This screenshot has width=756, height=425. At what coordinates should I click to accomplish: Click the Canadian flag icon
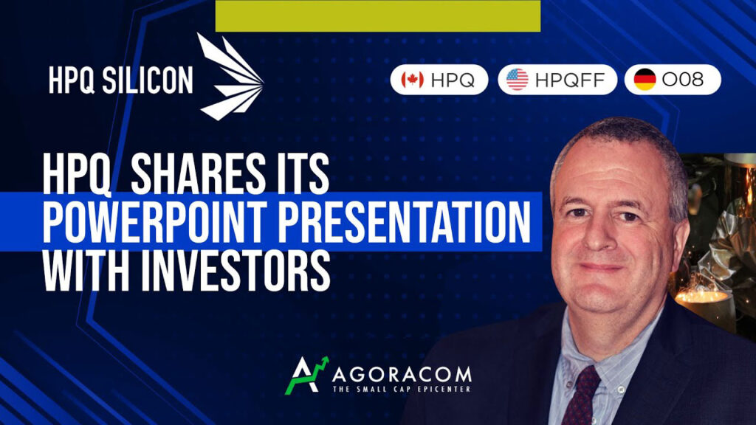tap(412, 80)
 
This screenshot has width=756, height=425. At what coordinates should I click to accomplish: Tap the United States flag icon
tap(518, 80)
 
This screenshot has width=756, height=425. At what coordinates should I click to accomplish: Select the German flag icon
tap(645, 80)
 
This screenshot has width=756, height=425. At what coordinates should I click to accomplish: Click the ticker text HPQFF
tap(569, 80)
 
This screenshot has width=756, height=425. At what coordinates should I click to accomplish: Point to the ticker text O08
tap(683, 80)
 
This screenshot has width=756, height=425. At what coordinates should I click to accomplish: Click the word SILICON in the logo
tap(148, 80)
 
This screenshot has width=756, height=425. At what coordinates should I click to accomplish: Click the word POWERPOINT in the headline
tap(155, 221)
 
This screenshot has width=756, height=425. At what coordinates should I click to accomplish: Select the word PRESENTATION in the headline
tap(405, 221)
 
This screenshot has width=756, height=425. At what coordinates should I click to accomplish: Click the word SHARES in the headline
tap(198, 173)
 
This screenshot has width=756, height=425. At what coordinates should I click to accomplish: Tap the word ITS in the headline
tap(302, 173)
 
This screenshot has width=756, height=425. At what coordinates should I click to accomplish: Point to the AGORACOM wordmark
tap(402, 374)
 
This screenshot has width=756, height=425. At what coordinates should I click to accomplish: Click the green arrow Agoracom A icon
tap(306, 376)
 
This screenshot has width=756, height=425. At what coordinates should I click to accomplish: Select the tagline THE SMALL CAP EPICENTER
tap(402, 389)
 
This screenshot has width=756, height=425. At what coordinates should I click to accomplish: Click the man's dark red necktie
tap(582, 395)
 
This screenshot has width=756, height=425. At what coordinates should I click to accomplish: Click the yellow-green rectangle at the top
tap(377, 16)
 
